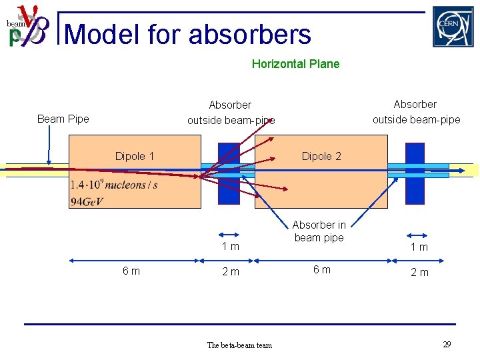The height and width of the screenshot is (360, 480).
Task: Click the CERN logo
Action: pyautogui.click(x=453, y=27)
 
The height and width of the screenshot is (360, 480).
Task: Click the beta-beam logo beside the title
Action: pyautogui.click(x=27, y=27)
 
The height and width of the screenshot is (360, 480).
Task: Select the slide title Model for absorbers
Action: pyautogui.click(x=189, y=34)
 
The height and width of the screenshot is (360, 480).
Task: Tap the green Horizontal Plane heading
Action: pyautogui.click(x=295, y=64)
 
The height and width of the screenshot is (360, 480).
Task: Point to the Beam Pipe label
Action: pyautogui.click(x=63, y=119)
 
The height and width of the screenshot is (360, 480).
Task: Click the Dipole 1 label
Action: pyautogui.click(x=134, y=156)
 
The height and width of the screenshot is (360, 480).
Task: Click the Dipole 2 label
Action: pyautogui.click(x=321, y=156)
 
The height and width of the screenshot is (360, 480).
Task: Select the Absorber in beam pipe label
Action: pyautogui.click(x=319, y=231)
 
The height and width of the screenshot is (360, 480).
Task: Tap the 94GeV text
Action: pyautogui.click(x=87, y=202)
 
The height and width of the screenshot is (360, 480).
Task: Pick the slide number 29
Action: pyautogui.click(x=447, y=344)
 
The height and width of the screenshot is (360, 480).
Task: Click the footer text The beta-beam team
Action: pyautogui.click(x=239, y=345)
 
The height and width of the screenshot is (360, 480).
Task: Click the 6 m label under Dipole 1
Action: pyautogui.click(x=131, y=271)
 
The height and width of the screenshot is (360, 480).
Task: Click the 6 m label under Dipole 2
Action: pyautogui.click(x=322, y=269)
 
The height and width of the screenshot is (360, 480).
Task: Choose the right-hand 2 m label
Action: pyautogui.click(x=419, y=272)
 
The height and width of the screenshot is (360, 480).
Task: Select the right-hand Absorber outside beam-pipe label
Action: pyautogui.click(x=416, y=112)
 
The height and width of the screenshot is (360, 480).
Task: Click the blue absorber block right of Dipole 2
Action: pyautogui.click(x=415, y=173)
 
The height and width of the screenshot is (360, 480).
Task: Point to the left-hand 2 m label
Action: pyautogui.click(x=231, y=272)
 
